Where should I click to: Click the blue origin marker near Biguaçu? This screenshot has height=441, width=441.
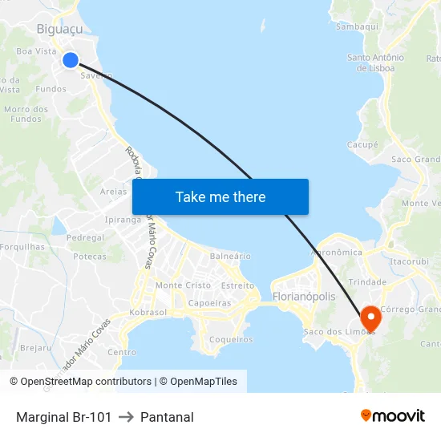[70, 60]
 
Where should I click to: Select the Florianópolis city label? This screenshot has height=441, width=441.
[304, 297]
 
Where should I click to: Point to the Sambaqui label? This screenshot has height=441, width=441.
[358, 26]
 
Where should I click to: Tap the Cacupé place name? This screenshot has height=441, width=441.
[362, 144]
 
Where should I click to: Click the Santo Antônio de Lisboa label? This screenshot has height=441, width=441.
[375, 63]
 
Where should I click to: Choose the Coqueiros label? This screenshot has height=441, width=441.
[230, 339]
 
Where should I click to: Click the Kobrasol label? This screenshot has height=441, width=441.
[147, 312]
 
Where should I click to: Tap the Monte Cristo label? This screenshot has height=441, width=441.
[183, 285]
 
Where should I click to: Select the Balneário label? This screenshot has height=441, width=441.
[230, 256]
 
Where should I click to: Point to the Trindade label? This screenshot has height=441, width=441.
[368, 282]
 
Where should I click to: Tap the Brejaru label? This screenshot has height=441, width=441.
[36, 347]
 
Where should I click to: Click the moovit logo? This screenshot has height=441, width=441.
[392, 415]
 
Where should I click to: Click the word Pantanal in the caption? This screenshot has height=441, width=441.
[167, 417]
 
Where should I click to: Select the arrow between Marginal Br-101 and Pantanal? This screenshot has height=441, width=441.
[126, 417]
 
